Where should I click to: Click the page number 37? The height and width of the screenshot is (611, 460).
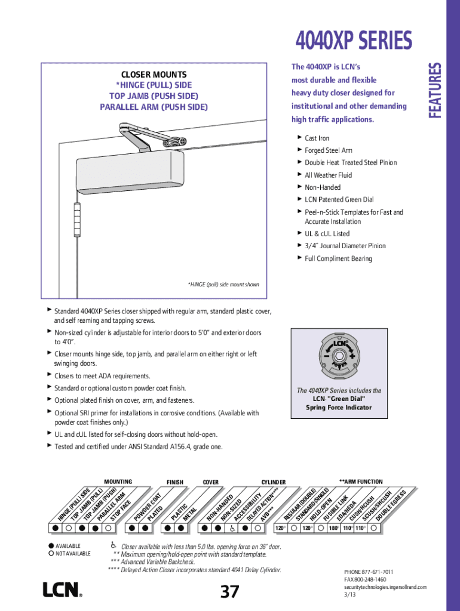pyautogui.click(x=229, y=591)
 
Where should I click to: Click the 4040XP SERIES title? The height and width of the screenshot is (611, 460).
pyautogui.click(x=354, y=41)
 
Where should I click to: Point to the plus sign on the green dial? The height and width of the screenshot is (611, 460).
pyautogui.click(x=353, y=354)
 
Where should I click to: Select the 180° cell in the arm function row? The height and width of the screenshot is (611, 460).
pyautogui.click(x=333, y=528)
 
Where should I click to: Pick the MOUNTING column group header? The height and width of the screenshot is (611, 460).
pyautogui.click(x=118, y=482)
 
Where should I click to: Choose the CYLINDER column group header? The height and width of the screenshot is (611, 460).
pyautogui.click(x=273, y=482)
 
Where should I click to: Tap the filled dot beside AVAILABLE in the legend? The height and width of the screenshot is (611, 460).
pyautogui.click(x=51, y=546)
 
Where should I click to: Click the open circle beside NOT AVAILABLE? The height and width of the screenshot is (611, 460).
pyautogui.click(x=51, y=554)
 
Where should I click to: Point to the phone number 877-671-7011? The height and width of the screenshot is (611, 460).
pyautogui.click(x=376, y=572)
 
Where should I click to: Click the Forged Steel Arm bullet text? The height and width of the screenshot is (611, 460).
pyautogui.click(x=329, y=150)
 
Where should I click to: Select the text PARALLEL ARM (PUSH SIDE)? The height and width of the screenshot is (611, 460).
pyautogui.click(x=154, y=107)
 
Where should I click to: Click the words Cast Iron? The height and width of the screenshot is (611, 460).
pyautogui.click(x=317, y=138)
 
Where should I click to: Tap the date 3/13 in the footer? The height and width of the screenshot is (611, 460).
pyautogui.click(x=349, y=595)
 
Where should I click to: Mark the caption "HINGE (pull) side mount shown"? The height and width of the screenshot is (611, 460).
pyautogui.click(x=223, y=285)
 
